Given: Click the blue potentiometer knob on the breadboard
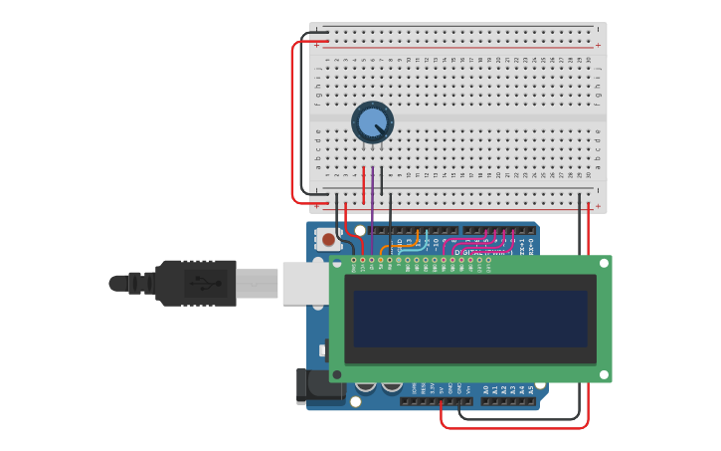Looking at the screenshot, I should click(x=372, y=122).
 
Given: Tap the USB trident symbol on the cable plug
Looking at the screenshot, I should click(x=205, y=283).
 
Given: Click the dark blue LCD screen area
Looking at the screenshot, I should click(x=469, y=319).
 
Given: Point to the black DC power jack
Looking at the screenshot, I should click(x=302, y=386).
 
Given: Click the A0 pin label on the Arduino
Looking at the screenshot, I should click(x=485, y=390).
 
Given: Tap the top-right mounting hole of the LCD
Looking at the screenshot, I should click(x=602, y=264).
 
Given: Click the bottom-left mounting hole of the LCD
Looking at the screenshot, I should click(x=338, y=374).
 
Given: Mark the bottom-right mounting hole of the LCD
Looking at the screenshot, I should click(x=602, y=374).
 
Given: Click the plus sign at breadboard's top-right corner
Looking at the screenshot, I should click(x=598, y=45).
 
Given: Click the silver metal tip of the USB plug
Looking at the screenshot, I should click(x=257, y=283).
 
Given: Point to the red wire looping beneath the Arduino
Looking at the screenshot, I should click(x=517, y=427).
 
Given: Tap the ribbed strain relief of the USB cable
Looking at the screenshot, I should click(x=139, y=283).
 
